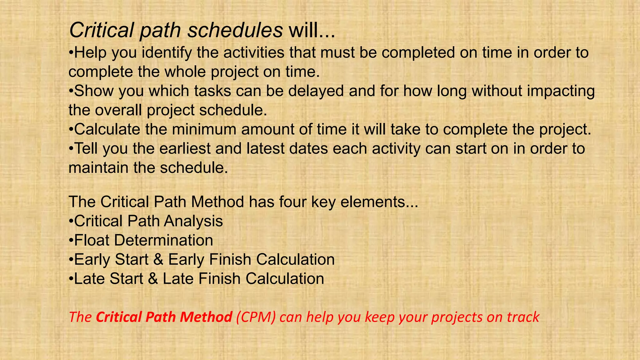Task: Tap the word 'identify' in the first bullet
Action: [167, 52]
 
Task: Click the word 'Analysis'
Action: [193, 221]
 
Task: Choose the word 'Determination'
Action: [163, 240]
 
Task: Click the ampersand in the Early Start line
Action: [158, 260]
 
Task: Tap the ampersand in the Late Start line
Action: [153, 279]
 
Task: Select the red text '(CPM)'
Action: [256, 317]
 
